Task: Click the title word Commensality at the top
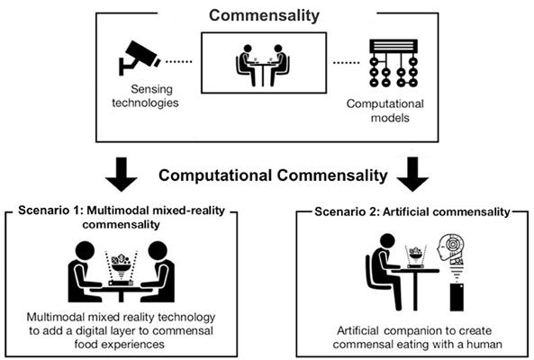pos(264,15)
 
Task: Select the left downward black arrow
pos(122,174)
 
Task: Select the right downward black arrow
pos(412,174)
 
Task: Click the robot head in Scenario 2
pos(450,247)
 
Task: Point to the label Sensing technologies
pos(145,96)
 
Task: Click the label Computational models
pos(385,111)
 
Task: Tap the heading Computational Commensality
pos(273,175)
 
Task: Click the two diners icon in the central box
pos(263,65)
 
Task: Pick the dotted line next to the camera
pos(179,61)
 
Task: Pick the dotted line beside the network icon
pos(347,63)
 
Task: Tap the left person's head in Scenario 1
pos(85,252)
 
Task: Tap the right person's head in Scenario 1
pos(158,252)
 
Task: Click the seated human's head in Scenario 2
pos(386,242)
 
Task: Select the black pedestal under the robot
pos(457,297)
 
